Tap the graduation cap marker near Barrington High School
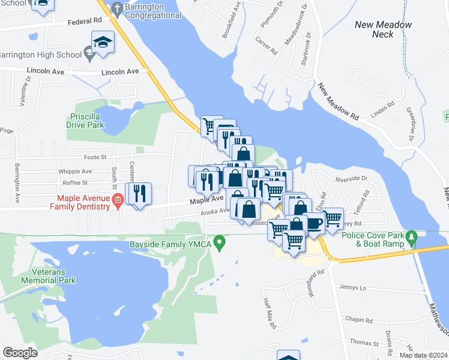coord(103,43)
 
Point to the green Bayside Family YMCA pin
coord(220,244)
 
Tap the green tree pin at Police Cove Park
coord(412,237)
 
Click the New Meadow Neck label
coord(383,29)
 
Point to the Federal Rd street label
coord(84,21)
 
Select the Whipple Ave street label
coord(74,171)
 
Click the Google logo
coord(20,352)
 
